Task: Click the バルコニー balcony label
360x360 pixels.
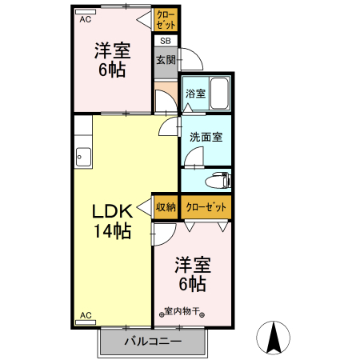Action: [152, 342]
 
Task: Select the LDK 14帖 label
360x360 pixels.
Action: [111, 222]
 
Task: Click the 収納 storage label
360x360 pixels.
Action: [166, 207]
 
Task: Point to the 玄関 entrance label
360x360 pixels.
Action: [166, 60]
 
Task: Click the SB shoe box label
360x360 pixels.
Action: [166, 41]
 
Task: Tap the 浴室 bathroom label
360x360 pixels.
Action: [195, 94]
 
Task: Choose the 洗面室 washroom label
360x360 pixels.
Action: [206, 137]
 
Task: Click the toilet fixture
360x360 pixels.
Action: [217, 179]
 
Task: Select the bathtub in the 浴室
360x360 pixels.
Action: [220, 94]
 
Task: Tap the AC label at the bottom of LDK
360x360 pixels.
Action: [85, 315]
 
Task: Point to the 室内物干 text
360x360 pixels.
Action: [185, 311]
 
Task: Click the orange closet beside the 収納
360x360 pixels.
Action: [206, 207]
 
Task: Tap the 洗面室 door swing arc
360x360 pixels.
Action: [192, 158]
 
